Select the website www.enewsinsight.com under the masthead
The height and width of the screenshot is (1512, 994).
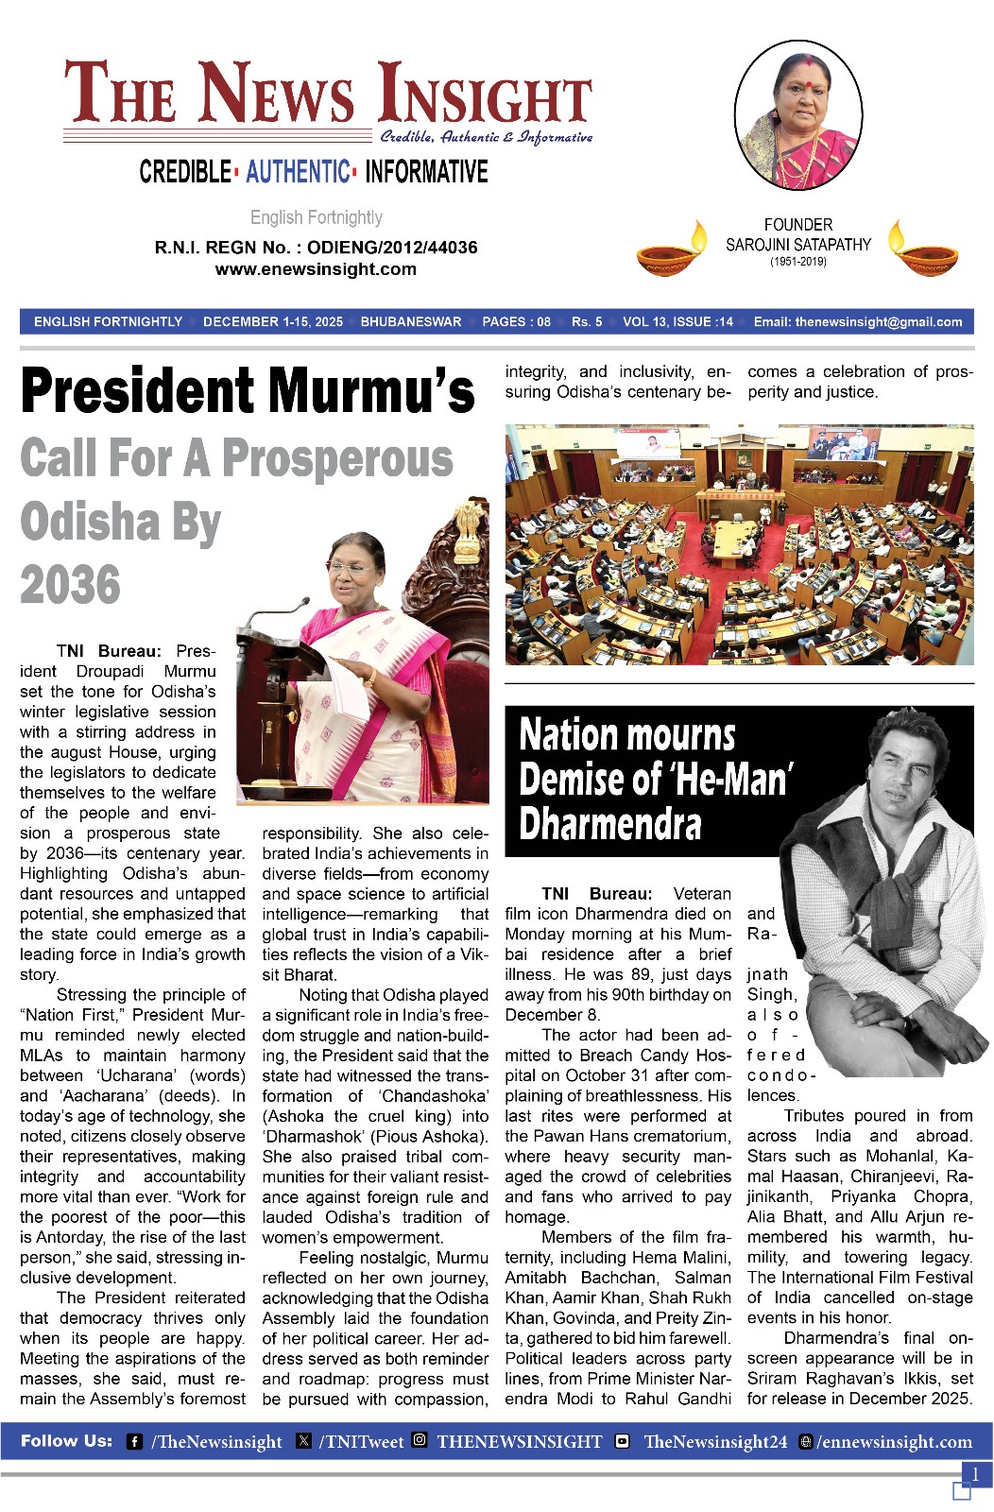pyautogui.click(x=316, y=269)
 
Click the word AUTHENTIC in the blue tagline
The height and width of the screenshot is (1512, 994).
pyautogui.click(x=298, y=172)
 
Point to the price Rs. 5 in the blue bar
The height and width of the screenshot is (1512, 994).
pyautogui.click(x=586, y=322)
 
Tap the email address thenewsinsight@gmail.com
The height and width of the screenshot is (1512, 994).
pyautogui.click(x=878, y=322)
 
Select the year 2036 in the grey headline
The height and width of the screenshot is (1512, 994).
pyautogui.click(x=71, y=585)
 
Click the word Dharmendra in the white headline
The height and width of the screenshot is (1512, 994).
pyautogui.click(x=610, y=823)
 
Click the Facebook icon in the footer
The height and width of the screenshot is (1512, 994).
pyautogui.click(x=135, y=1442)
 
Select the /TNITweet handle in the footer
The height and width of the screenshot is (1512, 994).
pyautogui.click(x=360, y=1442)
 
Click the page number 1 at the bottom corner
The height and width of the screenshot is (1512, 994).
pyautogui.click(x=975, y=1474)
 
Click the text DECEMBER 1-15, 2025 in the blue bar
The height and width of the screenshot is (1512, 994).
pyautogui.click(x=272, y=322)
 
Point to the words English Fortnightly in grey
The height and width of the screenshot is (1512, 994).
pyautogui.click(x=316, y=217)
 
